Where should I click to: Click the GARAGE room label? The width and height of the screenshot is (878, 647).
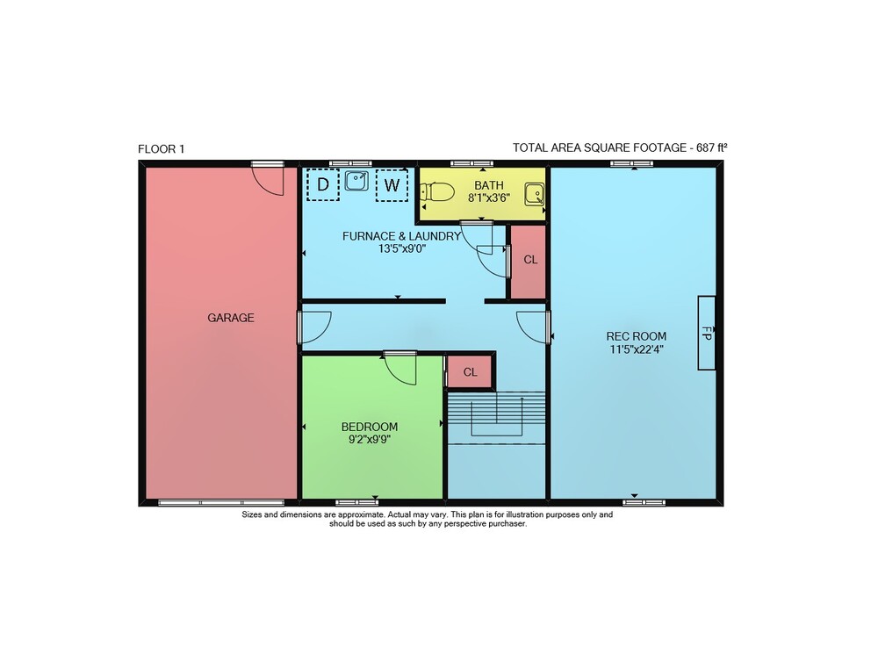tap(231, 318)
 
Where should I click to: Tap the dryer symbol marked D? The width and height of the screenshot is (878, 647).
tap(323, 184)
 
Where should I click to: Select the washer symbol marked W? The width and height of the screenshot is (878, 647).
tap(392, 184)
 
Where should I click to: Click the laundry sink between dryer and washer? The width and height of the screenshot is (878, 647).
tap(356, 180)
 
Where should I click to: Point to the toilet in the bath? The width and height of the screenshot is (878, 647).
tap(436, 192)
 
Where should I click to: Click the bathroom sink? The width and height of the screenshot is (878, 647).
tap(534, 194)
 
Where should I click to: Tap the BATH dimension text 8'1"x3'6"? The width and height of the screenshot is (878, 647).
tap(489, 198)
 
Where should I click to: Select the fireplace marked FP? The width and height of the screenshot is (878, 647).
tap(706, 333)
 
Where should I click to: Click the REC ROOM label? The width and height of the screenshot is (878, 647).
tap(636, 336)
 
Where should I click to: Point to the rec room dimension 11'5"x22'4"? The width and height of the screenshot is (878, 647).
tap(636, 349)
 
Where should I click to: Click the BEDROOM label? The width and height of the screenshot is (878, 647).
tap(370, 427)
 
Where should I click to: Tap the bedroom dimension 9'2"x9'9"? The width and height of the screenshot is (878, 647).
tap(370, 440)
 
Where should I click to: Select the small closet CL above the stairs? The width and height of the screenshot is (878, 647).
tap(471, 371)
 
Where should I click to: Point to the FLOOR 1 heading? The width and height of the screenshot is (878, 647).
tap(162, 149)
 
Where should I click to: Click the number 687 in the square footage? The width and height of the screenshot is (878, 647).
tap(706, 147)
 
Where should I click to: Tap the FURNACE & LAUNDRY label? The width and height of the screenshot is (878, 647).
tap(401, 236)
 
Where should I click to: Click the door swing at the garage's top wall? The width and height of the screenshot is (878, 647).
tap(268, 179)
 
